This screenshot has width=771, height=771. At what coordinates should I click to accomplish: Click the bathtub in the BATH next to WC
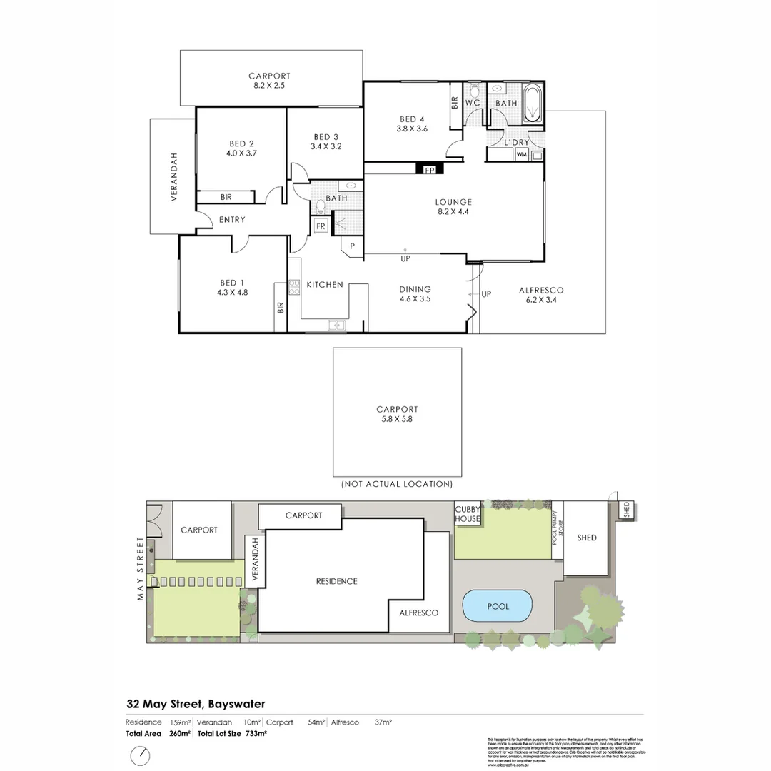(x=533, y=104)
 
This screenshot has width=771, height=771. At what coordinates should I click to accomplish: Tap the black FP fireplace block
(x=430, y=169)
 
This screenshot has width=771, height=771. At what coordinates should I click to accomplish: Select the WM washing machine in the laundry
(x=521, y=154)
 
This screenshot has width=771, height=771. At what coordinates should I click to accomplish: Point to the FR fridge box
(x=321, y=226)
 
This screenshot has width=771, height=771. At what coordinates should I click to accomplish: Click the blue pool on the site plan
(x=498, y=606)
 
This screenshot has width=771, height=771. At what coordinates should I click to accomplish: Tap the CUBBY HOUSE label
(x=468, y=514)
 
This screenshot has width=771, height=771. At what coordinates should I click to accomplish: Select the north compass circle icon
(x=141, y=755)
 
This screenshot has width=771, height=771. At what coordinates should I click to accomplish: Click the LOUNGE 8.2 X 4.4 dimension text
(x=454, y=211)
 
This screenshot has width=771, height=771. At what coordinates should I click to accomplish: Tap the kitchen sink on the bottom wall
(x=336, y=326)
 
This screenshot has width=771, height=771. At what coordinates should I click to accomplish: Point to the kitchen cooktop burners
(x=293, y=288)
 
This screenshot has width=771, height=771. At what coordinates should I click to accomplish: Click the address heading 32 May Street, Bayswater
(x=196, y=704)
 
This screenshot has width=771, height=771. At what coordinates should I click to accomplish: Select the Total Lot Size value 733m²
(x=256, y=733)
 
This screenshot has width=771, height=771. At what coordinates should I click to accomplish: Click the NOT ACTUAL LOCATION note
(x=397, y=484)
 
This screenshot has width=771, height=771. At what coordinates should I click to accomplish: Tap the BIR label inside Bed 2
(x=226, y=197)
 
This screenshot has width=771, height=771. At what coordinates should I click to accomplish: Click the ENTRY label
(x=232, y=220)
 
